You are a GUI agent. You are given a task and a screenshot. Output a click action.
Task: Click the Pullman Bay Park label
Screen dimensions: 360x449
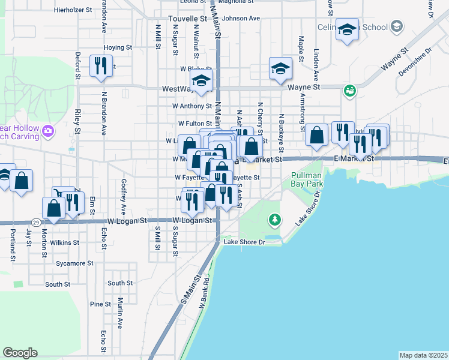tap(307, 180)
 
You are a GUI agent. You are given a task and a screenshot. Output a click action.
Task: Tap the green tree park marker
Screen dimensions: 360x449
tap(275, 220)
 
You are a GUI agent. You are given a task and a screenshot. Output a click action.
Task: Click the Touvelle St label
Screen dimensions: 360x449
tap(187, 19)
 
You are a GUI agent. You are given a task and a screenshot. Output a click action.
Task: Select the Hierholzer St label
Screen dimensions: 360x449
tap(73, 10)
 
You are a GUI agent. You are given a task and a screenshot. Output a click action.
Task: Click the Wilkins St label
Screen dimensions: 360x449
tap(65, 243)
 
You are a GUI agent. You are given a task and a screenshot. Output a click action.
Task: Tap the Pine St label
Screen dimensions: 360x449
tap(97, 304)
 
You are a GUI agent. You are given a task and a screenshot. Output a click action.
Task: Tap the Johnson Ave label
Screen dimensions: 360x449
tap(241, 18)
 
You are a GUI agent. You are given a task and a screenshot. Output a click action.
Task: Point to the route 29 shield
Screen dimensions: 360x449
tap(37, 222)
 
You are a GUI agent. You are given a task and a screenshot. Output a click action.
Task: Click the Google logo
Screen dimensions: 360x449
tap(20, 353)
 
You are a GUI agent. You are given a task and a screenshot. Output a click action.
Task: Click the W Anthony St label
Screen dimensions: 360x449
tap(191, 106)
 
